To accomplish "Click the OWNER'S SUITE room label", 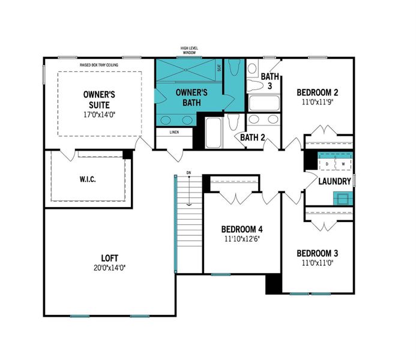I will (x=99, y=100).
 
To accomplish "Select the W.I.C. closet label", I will (x=88, y=179).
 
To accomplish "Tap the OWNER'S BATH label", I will (x=191, y=97).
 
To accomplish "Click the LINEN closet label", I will (x=175, y=131).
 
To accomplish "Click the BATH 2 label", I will (x=253, y=138).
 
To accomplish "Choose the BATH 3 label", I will (x=270, y=81).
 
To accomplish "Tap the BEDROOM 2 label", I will (x=318, y=92).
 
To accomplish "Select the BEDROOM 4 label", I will (x=242, y=229).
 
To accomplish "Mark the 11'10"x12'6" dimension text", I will (x=242, y=239).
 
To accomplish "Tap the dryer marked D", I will (x=327, y=164).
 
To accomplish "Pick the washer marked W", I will (x=343, y=164).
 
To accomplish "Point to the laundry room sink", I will (x=343, y=197).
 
